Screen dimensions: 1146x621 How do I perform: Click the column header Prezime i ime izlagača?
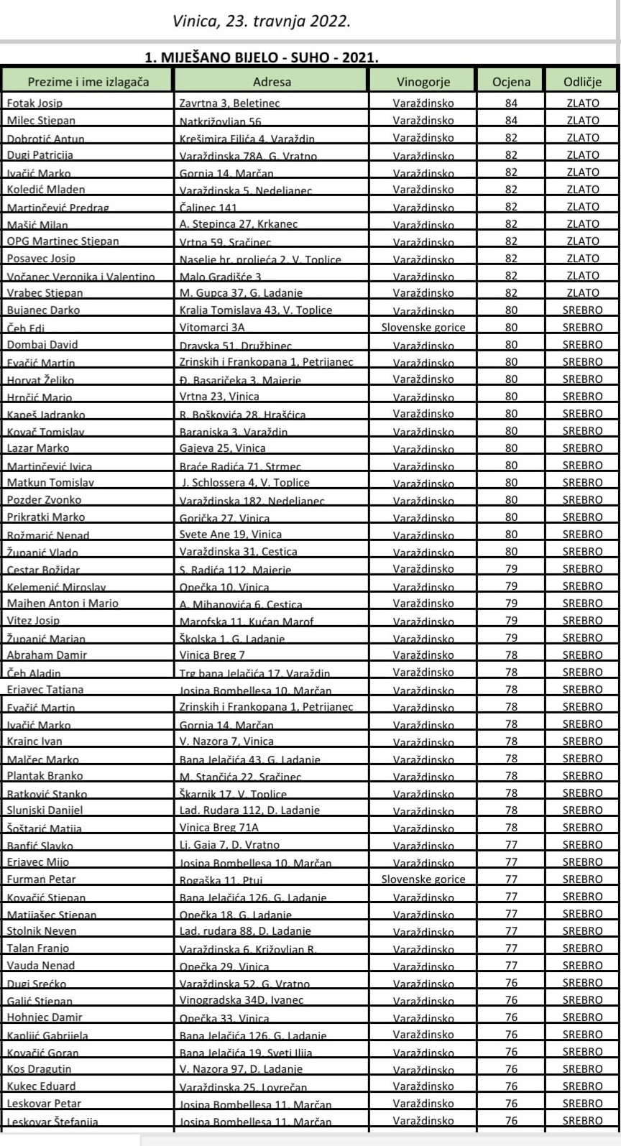click(x=88, y=81)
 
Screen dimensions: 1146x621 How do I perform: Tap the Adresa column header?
click(x=271, y=81)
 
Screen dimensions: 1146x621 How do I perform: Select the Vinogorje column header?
click(x=423, y=81)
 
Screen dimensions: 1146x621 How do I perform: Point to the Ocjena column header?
click(x=511, y=81)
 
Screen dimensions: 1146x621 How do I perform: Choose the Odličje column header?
click(x=582, y=81)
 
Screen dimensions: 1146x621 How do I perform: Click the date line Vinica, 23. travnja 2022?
click(x=262, y=22)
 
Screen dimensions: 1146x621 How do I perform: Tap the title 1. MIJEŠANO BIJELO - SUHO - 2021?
click(x=262, y=57)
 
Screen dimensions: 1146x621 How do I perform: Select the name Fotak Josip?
click(x=34, y=103)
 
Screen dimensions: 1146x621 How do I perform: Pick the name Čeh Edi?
click(x=26, y=328)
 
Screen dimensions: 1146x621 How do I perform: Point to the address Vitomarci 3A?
click(x=212, y=327)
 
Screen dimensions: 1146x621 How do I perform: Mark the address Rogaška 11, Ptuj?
click(x=221, y=879)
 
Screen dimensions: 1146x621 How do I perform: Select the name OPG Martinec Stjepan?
click(x=63, y=241)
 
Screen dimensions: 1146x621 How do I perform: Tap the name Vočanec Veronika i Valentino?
click(x=80, y=276)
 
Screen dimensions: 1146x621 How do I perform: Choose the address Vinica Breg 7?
click(x=212, y=655)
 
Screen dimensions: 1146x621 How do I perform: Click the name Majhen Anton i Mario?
click(x=63, y=604)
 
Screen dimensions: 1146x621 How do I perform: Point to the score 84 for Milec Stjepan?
click(x=511, y=120)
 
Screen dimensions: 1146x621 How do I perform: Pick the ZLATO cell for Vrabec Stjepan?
click(x=582, y=292)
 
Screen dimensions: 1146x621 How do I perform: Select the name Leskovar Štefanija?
click(x=52, y=1121)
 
